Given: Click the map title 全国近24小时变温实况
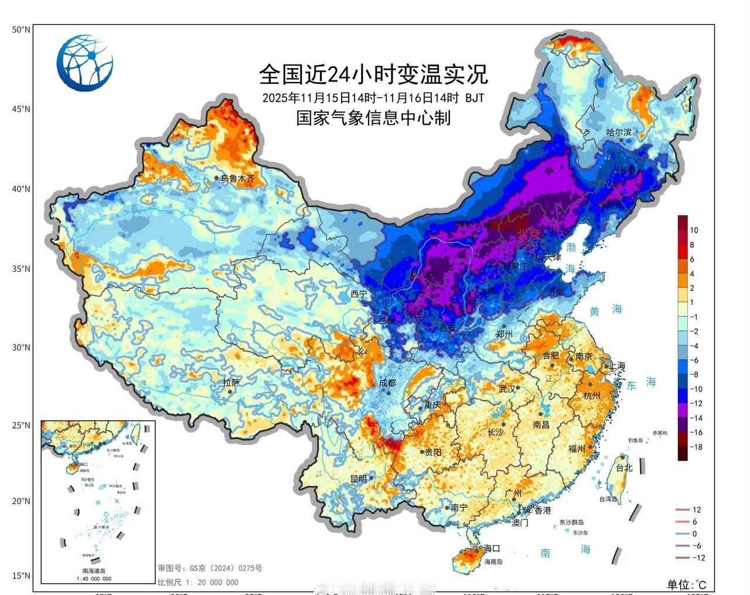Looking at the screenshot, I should pos(373,74).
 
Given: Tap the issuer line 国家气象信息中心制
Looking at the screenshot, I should pos(373,118).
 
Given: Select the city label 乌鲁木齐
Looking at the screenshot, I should pos(237,178).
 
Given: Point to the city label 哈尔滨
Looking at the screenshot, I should pos(619,132).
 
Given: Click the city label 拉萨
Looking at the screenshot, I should pos(231,382).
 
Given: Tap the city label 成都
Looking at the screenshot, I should pos(388,383).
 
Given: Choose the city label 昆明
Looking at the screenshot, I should pos(359,479).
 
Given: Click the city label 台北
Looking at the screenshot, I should pos(624,468).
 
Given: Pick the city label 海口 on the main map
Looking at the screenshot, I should pos(492,549).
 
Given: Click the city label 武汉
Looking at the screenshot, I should pos(507,389).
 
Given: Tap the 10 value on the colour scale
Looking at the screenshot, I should pos(694,230).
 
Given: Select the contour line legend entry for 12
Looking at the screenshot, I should pos(688,510).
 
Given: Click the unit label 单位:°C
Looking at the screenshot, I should pos(687,584).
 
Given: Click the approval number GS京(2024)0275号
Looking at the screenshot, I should pos(209,568).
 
